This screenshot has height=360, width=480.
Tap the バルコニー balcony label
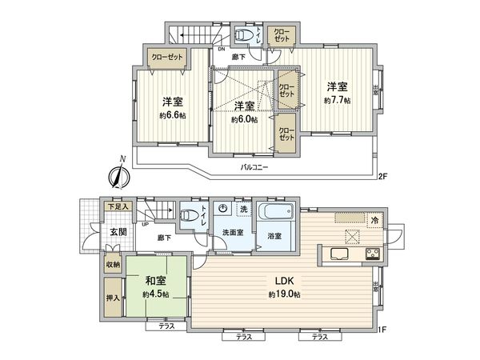(x=255, y=168)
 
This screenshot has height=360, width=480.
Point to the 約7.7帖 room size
(x=336, y=100)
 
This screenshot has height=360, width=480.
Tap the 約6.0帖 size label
(x=244, y=120)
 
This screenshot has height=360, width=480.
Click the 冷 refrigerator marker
(x=374, y=219)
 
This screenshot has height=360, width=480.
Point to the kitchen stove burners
(x=372, y=255)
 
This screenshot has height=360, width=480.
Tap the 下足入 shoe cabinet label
(x=118, y=206)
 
